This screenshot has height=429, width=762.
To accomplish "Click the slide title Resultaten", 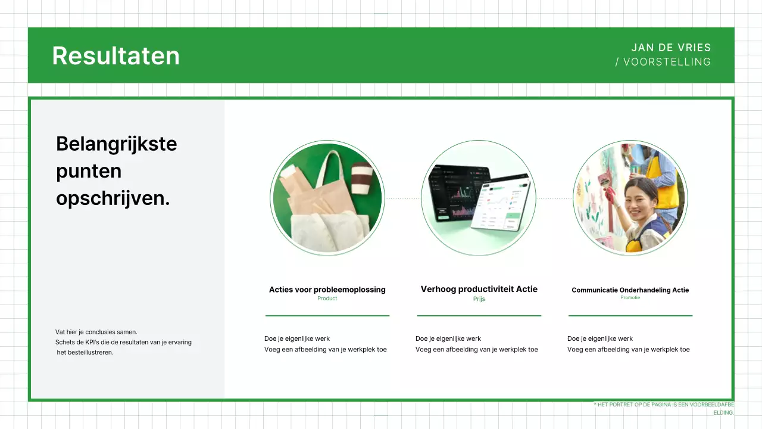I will pyautogui.click(x=115, y=55).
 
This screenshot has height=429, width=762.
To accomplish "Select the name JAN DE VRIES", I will pyautogui.click(x=671, y=48).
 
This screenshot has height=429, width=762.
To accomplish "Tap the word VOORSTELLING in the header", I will pyautogui.click(x=667, y=62).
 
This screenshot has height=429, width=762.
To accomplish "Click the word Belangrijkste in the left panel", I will pyautogui.click(x=116, y=144).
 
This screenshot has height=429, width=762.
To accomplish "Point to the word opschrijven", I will pyautogui.click(x=113, y=198).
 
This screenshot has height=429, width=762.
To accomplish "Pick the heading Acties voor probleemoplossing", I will pyautogui.click(x=327, y=290).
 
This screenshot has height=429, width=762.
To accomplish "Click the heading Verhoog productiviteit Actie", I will pyautogui.click(x=479, y=289).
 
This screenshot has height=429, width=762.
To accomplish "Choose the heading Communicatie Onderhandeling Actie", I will pyautogui.click(x=630, y=290).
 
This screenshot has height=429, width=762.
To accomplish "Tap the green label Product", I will pyautogui.click(x=327, y=299).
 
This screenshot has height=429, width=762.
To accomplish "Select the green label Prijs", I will pyautogui.click(x=479, y=299).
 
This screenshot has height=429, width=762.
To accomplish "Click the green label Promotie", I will pyautogui.click(x=630, y=297).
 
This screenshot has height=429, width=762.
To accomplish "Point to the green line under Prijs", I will pyautogui.click(x=479, y=315).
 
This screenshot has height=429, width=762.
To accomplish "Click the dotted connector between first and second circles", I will pyautogui.click(x=402, y=198).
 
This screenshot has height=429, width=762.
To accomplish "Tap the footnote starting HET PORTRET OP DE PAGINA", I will pyautogui.click(x=664, y=405).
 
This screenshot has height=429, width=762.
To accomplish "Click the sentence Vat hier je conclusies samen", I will pyautogui.click(x=96, y=332).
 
